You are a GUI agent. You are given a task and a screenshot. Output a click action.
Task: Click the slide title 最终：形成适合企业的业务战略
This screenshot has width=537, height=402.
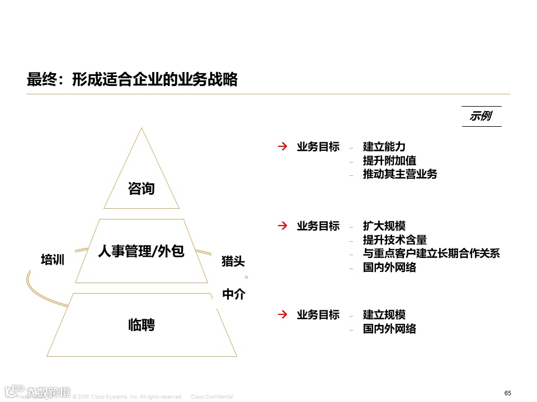tap(132, 80)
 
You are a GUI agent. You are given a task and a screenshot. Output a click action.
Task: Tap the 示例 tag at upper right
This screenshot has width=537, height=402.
tap(481, 116)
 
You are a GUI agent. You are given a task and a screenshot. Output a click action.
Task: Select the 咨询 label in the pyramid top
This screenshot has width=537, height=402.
tap(141, 189)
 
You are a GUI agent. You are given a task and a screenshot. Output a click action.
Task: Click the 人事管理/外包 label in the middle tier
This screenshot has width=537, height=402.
tap(141, 251)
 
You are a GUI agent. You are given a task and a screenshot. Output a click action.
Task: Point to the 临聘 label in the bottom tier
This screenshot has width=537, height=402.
tap(141, 324)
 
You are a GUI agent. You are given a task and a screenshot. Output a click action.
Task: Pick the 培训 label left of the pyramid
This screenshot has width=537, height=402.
tap(53, 260)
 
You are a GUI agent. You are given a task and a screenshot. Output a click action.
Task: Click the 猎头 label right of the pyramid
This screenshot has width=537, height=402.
tap(233, 261)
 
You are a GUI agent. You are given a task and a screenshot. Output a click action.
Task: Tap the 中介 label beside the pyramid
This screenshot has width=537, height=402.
tap(234, 294)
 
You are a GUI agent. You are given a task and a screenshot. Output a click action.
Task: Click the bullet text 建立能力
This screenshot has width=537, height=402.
tap(384, 147)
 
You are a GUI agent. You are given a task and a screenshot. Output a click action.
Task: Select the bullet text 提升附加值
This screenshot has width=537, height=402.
tap(389, 160)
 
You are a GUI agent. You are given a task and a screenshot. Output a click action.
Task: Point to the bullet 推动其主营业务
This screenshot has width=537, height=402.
tap(400, 174)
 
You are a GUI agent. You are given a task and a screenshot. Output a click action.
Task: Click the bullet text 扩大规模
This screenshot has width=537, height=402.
tap(384, 226)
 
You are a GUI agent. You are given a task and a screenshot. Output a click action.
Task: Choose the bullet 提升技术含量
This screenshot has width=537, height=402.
tap(395, 240)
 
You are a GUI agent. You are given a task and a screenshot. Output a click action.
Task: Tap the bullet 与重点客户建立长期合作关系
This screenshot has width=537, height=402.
tap(431, 253)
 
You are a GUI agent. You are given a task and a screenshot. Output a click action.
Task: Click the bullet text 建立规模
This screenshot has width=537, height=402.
tap(384, 315)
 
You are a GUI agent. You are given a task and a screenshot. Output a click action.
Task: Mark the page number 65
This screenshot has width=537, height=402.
tap(508, 393)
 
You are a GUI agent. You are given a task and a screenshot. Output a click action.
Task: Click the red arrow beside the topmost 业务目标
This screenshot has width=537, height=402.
tap(283, 147)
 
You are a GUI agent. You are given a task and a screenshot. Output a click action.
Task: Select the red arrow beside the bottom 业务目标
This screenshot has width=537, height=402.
tap(283, 315)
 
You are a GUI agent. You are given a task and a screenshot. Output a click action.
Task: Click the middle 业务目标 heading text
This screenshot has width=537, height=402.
tap(318, 226)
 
